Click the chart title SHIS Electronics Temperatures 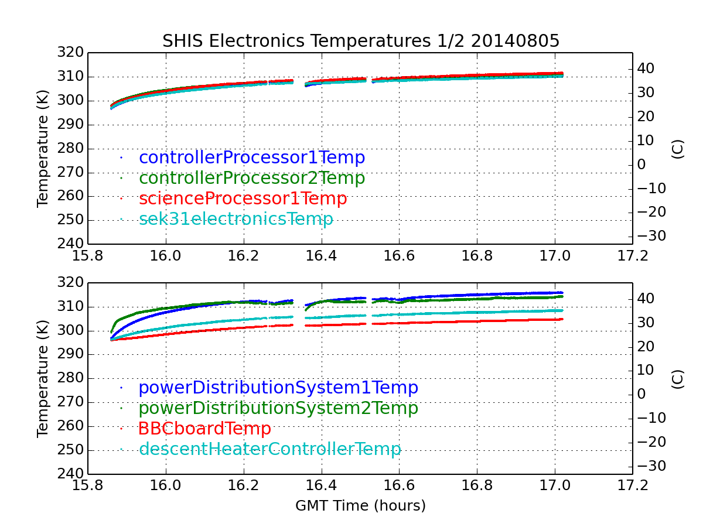click(361, 41)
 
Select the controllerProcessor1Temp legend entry click(252, 158)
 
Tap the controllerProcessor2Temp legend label click(252, 178)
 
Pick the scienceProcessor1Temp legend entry click(243, 199)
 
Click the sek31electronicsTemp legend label click(236, 219)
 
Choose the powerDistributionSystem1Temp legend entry click(278, 388)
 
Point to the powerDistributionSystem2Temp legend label click(278, 408)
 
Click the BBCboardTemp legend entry click(204, 429)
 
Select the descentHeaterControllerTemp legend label click(270, 449)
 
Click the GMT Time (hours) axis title click(360, 505)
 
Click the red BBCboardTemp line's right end click(562, 319)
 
